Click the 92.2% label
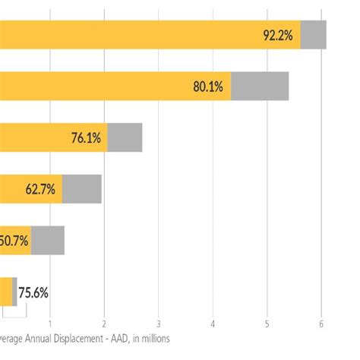coord(278,35)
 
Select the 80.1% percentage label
coord(207,87)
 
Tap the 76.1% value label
coord(86,138)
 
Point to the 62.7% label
coord(40,190)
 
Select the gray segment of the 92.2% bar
coord(313,35)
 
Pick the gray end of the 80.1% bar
coord(260,87)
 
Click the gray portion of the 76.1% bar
coord(125,138)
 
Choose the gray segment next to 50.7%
coord(48,241)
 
